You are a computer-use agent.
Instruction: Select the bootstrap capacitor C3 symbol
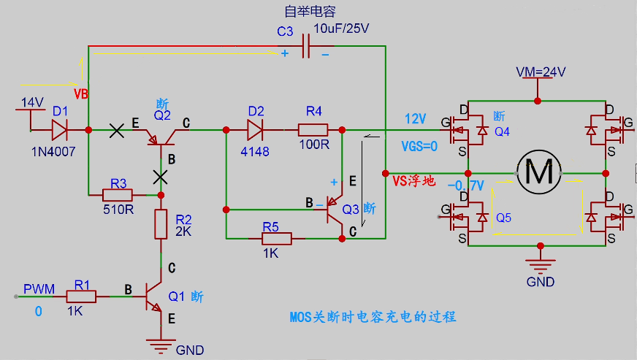pos(306,46)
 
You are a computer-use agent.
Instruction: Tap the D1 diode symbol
pos(60,130)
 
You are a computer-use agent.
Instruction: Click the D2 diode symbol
pos(255,130)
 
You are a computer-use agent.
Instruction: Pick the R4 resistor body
pos(313,130)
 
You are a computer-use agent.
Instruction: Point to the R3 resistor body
pos(118,196)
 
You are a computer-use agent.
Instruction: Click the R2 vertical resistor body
pos(161,224)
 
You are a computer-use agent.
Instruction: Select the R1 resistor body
pos(81,296)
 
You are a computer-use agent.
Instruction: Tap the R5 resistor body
pos(276,239)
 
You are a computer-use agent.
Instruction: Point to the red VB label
pos(81,94)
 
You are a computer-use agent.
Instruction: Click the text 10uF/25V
pos(341,28)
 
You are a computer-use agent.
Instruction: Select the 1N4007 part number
pos(53,152)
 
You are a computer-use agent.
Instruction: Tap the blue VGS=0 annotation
pos(419,146)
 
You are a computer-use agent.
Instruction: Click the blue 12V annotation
pos(415,118)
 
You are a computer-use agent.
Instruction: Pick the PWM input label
pos(39,289)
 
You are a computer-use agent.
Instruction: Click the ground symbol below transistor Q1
pos(161,347)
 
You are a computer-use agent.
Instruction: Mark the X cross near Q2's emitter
pos(117,131)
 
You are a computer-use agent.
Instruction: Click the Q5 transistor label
pos(503,218)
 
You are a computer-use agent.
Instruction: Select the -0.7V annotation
pos(465,185)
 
